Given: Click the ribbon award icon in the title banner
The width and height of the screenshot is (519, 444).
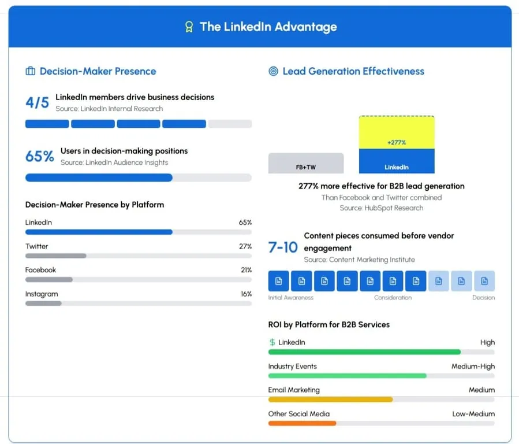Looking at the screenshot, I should tap(188, 27).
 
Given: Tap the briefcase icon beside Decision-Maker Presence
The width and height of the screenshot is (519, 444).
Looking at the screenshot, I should tap(30, 71).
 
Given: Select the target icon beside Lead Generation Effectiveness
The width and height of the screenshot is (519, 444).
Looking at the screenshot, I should tap(274, 71).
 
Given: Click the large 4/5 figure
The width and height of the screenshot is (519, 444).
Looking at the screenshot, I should tap(38, 103).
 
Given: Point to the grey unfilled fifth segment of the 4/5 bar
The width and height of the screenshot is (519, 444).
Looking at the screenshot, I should tap(230, 124).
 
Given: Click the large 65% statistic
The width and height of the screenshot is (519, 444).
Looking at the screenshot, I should tap(40, 157).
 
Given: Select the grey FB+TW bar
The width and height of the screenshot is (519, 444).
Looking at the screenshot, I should tap(306, 163).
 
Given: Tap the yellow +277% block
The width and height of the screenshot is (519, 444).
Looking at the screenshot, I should tap(397, 133).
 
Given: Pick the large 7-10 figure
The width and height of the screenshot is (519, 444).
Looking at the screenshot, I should tap(283, 247).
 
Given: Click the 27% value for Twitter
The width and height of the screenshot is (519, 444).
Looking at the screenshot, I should tap(245, 246).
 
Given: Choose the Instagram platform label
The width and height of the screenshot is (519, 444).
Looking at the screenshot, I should tap(42, 294).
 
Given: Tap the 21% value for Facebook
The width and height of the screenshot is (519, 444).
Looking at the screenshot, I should tap(246, 270).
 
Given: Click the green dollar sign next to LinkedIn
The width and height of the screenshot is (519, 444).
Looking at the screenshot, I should tap(272, 342).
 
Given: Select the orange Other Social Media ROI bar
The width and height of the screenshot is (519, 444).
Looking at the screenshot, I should tap(302, 423).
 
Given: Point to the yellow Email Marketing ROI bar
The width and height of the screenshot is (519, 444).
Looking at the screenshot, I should tap(330, 399).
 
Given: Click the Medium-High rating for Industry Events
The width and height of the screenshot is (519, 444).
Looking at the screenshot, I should tap(473, 366).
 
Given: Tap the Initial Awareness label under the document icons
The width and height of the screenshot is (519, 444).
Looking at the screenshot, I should tap(291, 298).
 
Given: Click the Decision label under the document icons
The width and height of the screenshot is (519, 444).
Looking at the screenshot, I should tap(483, 298).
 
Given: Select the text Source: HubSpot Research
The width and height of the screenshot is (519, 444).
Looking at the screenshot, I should tap(381, 208).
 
